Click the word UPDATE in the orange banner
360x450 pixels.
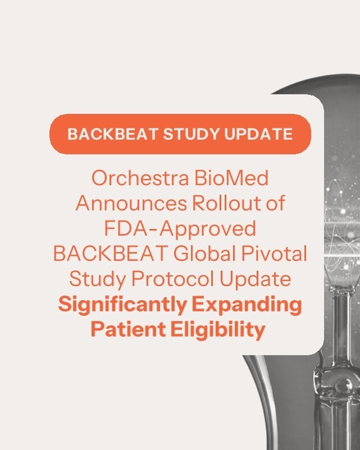click(258, 134)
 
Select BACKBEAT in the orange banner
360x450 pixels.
click(113, 134)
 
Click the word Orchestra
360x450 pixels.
click(140, 178)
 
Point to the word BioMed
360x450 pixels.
click(231, 178)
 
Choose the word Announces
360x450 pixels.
click(131, 203)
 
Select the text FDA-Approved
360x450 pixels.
click(180, 229)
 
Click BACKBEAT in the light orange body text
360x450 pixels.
click(111, 254)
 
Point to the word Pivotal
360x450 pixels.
click(274, 254)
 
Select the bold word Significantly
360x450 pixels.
click(122, 305)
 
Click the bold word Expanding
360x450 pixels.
click(247, 305)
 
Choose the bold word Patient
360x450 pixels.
click(128, 329)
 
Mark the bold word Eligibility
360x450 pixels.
click(218, 330)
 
